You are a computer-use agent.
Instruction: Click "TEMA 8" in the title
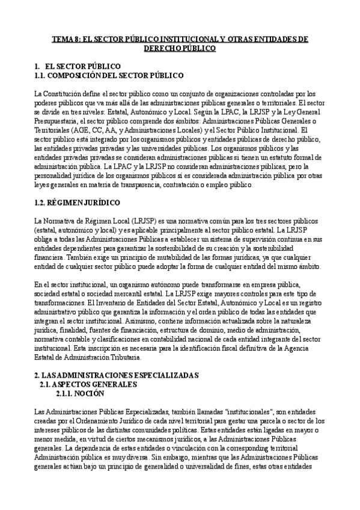point(62,39)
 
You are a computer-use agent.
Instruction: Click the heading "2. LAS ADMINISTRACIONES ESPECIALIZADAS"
point(115,375)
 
